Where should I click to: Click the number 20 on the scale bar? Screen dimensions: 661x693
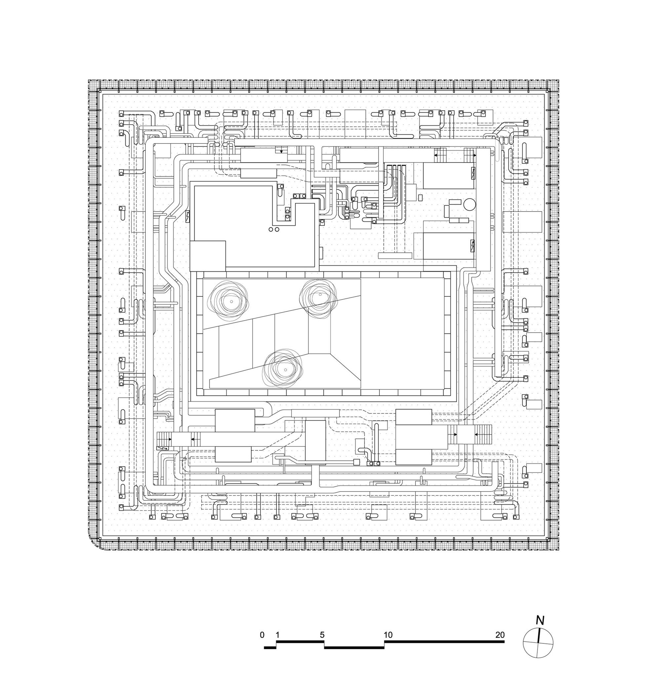pos(500,635)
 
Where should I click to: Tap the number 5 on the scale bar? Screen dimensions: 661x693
pos(322,635)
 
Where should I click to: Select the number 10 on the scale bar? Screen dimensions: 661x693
pos(388,635)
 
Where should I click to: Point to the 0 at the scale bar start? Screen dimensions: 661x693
pos(262,635)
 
